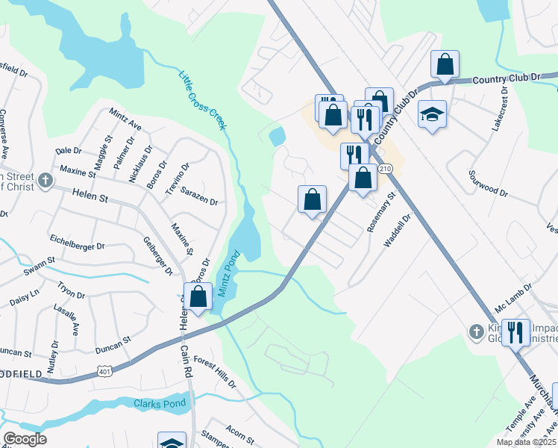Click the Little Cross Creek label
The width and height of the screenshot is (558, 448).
pos(201,100)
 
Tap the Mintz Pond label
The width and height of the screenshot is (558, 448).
pos(228,275)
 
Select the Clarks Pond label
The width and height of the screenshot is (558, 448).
pos(158,405)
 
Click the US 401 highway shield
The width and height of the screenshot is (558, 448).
pos(104,371)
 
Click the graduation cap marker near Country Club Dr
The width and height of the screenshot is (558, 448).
pos(432,114)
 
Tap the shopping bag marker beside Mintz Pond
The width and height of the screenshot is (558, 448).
pos(198,296)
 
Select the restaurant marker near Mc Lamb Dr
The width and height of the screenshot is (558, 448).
pos(515,332)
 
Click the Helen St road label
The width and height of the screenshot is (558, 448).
pos(91,195)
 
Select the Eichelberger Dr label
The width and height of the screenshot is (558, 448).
pos(77,243)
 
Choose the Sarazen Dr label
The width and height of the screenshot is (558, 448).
pos(198,201)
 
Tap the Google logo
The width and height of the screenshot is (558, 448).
pos(25,438)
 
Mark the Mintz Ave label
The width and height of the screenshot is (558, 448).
pos(125,119)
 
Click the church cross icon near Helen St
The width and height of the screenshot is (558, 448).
pos(46,181)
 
